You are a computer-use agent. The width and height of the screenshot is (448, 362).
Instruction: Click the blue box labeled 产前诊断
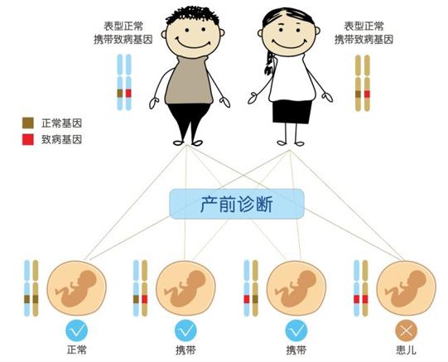pyautogui.click(x=237, y=204)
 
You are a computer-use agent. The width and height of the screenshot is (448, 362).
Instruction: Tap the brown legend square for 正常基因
pyautogui.click(x=28, y=123)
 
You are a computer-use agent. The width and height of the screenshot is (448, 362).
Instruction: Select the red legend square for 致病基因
pyautogui.click(x=28, y=140)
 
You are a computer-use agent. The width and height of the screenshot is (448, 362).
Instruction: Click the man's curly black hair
pyautogui.click(x=193, y=15)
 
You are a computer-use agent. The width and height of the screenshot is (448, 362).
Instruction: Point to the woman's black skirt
pyautogui.click(x=291, y=112)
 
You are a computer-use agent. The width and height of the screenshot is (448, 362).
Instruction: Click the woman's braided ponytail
pyautogui.click(x=269, y=64)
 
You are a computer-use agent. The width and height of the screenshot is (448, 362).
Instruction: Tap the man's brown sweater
pyautogui.click(x=189, y=80)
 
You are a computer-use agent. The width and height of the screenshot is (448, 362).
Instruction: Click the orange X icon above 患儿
pyautogui.click(x=406, y=331)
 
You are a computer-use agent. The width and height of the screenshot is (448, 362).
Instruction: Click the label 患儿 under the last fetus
pyautogui.click(x=406, y=350)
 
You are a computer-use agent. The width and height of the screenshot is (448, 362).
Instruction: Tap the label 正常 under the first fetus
pyautogui.click(x=76, y=350)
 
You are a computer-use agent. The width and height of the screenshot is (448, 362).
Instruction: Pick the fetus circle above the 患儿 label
pyautogui.click(x=406, y=288)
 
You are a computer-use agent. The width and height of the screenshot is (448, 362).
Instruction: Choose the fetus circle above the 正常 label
pyautogui.click(x=76, y=288)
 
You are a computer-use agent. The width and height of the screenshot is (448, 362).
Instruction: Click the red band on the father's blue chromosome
pyautogui.click(x=128, y=93)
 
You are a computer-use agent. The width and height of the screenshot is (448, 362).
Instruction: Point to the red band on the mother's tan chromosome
pyautogui.click(x=367, y=94)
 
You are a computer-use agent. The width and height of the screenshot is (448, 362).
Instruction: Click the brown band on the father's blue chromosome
pyautogui.click(x=120, y=93)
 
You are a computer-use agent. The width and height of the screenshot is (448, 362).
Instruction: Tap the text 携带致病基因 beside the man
pyautogui.click(x=123, y=40)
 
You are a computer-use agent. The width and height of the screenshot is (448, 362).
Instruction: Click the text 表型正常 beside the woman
pyautogui.click(x=364, y=27)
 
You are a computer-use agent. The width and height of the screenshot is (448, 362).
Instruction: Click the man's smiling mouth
pyautogui.click(x=193, y=43)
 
